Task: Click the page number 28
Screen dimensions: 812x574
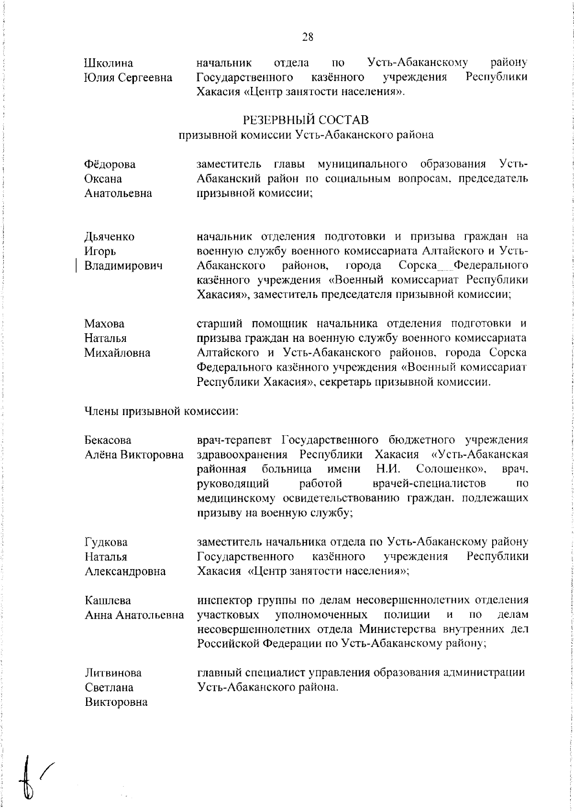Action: point(308,37)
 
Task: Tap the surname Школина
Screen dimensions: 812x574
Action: point(109,63)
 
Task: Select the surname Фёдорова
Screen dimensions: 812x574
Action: point(110,165)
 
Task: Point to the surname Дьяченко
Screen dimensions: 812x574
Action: point(110,237)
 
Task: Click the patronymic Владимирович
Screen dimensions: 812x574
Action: point(123,266)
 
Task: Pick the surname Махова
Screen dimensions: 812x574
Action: point(104,324)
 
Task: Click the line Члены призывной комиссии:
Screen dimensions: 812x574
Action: point(161,411)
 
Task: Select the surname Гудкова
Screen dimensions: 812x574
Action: point(106,542)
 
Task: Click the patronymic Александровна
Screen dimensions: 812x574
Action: point(125,571)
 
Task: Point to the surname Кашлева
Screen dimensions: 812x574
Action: point(108,600)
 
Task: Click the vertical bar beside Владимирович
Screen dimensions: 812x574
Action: point(76,266)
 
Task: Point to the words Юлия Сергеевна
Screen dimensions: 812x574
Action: point(129,77)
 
